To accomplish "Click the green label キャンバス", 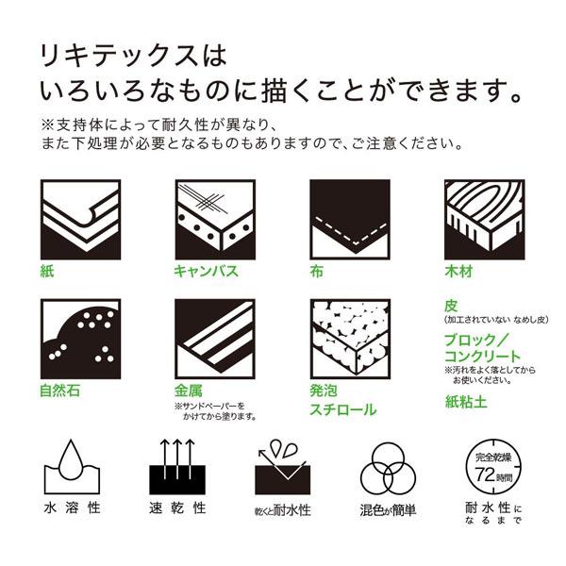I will [205, 272].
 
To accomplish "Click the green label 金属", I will [189, 391].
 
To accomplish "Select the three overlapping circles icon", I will [387, 465].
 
